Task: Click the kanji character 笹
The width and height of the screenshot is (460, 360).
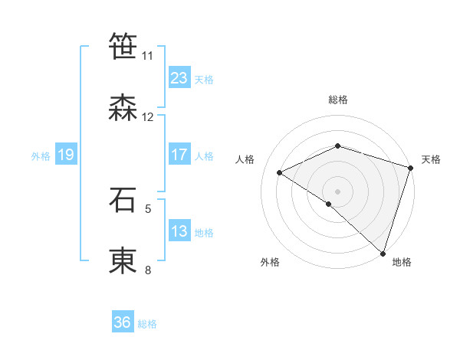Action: (x=123, y=47)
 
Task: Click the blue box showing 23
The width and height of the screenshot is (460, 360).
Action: (x=179, y=77)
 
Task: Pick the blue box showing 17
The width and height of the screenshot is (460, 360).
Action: (x=179, y=155)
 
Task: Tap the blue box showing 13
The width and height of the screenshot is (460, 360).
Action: (x=179, y=231)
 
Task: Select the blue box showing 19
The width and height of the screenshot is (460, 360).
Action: (x=66, y=155)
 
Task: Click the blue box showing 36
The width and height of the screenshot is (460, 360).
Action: (x=123, y=322)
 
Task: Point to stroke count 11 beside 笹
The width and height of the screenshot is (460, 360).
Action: (x=147, y=56)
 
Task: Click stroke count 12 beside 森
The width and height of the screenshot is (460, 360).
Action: (x=148, y=117)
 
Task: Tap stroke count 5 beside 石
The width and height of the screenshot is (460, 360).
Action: (x=148, y=208)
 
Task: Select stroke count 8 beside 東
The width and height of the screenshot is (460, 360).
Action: (x=148, y=270)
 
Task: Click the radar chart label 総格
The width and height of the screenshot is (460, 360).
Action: (x=338, y=100)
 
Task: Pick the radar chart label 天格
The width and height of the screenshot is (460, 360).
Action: (x=431, y=159)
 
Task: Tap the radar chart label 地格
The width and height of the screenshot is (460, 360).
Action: (x=402, y=263)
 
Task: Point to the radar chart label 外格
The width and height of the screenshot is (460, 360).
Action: (x=270, y=263)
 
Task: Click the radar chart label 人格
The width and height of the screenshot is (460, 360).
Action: (x=245, y=159)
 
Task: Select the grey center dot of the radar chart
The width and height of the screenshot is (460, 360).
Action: (x=338, y=191)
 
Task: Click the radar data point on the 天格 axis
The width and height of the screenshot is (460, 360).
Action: (x=411, y=168)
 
